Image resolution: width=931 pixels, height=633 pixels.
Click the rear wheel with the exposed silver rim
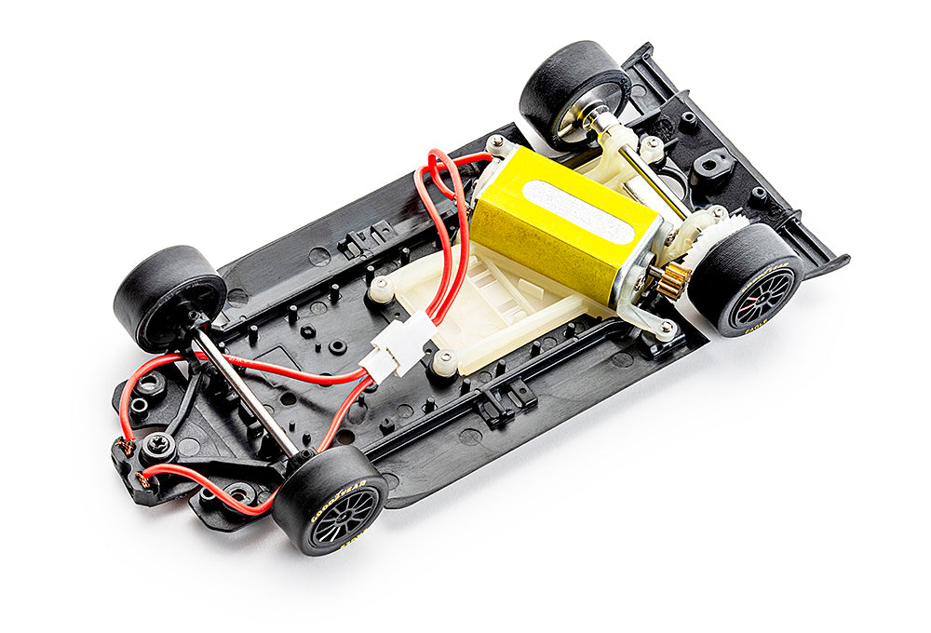pos(573,93)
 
